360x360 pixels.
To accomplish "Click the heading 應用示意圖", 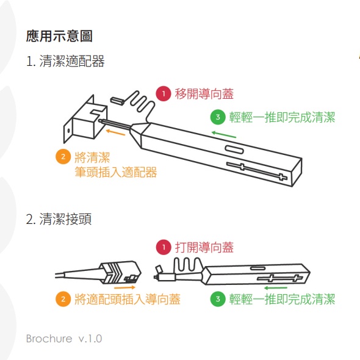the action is [x=59, y=36].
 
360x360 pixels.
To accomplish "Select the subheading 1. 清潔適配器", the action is [x=65, y=61].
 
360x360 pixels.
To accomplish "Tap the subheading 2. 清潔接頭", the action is [x=59, y=219].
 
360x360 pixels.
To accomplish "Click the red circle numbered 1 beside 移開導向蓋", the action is [x=164, y=94].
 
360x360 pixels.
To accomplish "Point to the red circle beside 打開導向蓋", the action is [x=164, y=247].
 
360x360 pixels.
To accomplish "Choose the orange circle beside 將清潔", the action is [x=63, y=157].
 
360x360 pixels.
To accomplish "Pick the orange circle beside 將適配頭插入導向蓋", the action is [x=63, y=299].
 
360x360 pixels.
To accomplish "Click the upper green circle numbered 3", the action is [x=218, y=117].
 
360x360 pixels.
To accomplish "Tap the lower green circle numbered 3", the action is [x=218, y=299].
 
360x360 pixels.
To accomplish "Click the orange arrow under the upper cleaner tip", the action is [x=115, y=132].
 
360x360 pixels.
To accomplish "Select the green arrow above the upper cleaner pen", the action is [x=224, y=134].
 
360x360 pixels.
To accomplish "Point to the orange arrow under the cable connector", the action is [x=124, y=287].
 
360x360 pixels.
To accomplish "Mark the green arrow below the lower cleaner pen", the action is [x=276, y=287].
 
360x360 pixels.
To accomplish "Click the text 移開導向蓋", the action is [x=204, y=94].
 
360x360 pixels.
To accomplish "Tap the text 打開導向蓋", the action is [x=204, y=247].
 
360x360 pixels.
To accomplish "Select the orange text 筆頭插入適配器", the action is [x=116, y=172].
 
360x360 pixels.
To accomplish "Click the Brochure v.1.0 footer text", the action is [x=64, y=339].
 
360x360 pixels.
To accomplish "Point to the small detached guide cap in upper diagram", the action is [x=117, y=101].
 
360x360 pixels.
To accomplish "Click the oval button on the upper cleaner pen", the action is [x=234, y=149].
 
